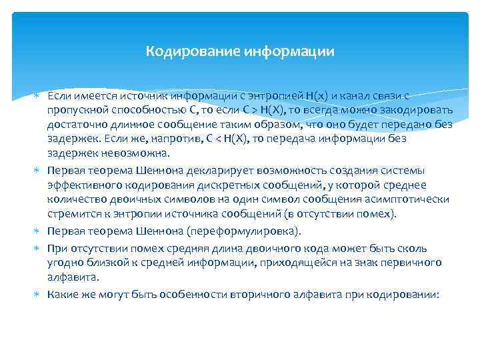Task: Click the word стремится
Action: tap(69, 214)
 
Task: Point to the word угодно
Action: tap(64, 263)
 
